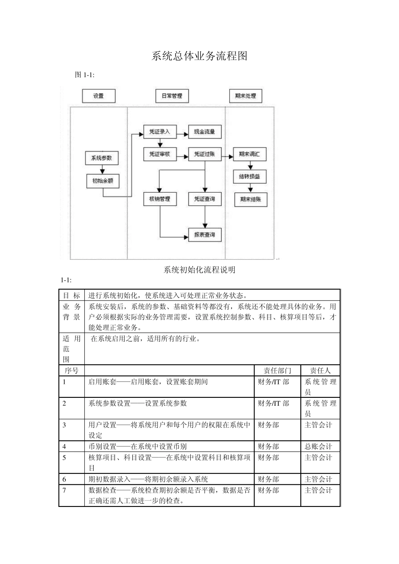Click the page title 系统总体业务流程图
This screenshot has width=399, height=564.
pos(199,56)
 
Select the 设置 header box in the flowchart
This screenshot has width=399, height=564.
pos(98,96)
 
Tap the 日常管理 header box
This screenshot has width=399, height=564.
pos(172,96)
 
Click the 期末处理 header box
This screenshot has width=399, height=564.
pos(245,96)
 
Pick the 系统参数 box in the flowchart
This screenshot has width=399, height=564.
pos(102,158)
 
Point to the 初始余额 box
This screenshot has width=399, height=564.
pos(102,181)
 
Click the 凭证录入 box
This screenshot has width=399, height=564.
pos(160,132)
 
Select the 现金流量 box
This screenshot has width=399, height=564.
pos(205,132)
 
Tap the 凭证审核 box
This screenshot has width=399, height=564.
pos(160,154)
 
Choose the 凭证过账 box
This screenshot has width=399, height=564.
pos(205,154)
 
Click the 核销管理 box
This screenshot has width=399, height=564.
pos(160,199)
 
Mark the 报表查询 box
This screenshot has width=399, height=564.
pos(205,235)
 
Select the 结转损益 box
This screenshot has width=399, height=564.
pos(250,177)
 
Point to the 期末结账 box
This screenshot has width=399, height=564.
pos(250,199)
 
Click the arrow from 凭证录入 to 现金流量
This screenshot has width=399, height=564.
pos(182,134)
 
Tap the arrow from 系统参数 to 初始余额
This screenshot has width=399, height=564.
pos(102,169)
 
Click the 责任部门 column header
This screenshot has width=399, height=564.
pos(277,371)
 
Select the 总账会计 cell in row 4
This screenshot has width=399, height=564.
pos(318,446)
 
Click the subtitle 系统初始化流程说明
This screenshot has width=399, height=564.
pos(199,270)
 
